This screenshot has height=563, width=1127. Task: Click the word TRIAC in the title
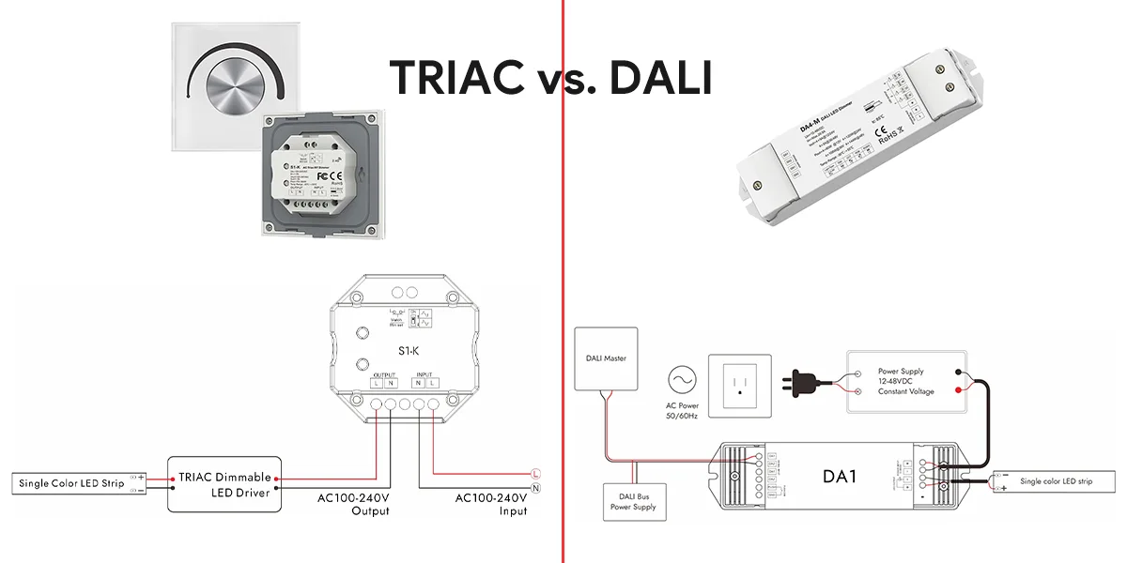coord(457,76)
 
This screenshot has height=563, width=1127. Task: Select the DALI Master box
coord(606,358)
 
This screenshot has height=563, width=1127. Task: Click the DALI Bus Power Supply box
coord(637,501)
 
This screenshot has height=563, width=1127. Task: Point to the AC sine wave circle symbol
coord(681,380)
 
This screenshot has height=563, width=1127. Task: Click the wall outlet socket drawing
coord(740,386)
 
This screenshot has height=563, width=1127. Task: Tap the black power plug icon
coord(805,381)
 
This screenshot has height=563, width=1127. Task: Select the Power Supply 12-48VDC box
coord(906,381)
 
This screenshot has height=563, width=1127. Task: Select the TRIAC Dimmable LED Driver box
coord(225,484)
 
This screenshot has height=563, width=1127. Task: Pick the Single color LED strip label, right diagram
coord(1057,481)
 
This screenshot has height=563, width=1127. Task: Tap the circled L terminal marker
coord(534,473)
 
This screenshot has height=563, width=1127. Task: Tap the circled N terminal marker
coord(534,488)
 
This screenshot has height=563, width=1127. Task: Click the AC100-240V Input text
coord(491,504)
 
